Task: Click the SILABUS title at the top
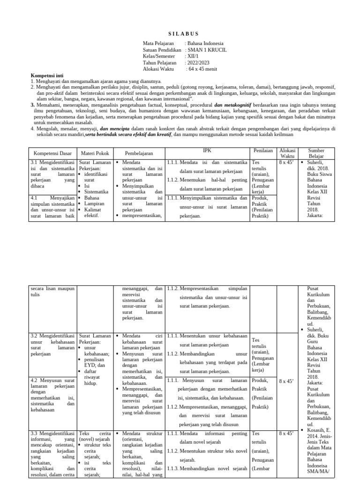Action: [x=183, y=34]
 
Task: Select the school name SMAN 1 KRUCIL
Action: [x=206, y=49]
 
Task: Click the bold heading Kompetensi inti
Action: [x=47, y=75]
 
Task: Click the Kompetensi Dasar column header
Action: [x=52, y=154]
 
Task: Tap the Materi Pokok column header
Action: [x=95, y=154]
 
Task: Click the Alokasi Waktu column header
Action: [x=286, y=153]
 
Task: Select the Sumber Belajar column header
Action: [x=316, y=153]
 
